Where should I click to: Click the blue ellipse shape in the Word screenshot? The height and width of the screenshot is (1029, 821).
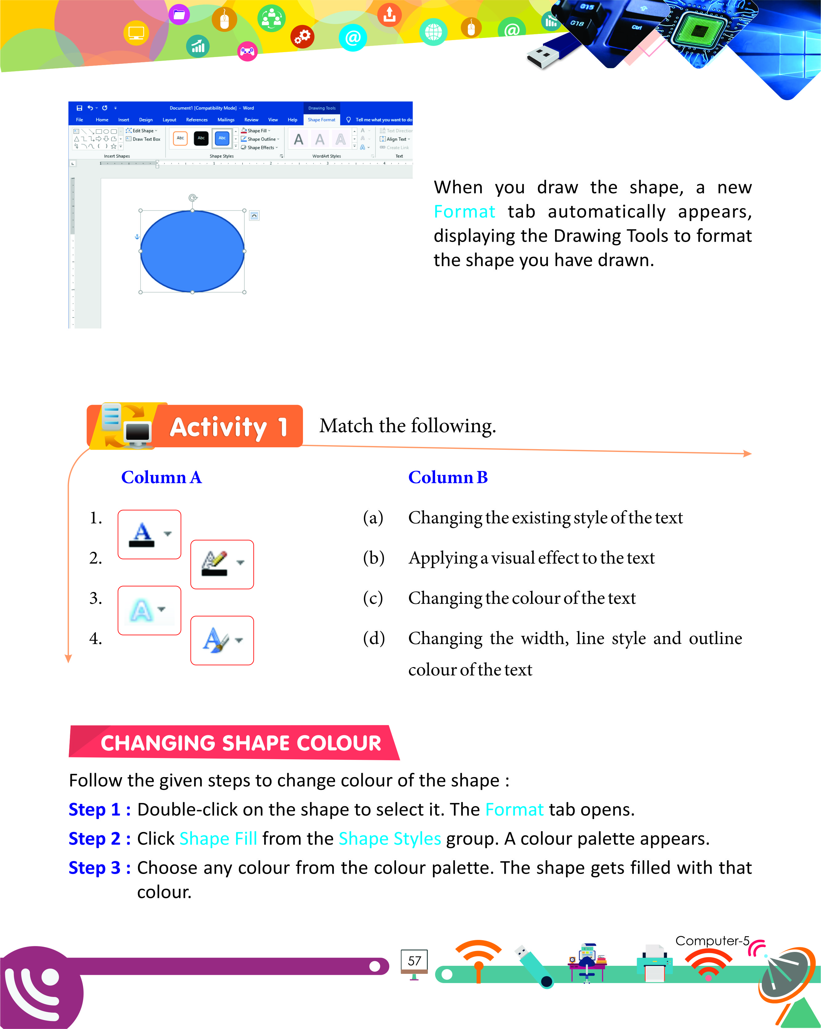(192, 251)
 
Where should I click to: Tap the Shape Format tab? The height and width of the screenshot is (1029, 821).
(321, 120)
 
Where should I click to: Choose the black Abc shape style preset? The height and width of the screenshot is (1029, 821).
(201, 138)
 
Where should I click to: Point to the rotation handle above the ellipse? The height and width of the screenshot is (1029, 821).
(193, 198)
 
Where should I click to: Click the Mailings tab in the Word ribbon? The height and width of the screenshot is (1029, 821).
(226, 120)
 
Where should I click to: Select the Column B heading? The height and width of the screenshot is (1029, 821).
(447, 477)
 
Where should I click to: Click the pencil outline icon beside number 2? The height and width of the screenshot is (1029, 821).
(222, 564)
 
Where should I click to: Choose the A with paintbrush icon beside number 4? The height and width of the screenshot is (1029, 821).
(222, 640)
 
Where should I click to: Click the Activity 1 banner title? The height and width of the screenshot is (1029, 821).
(228, 427)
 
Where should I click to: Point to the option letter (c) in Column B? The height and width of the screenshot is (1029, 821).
(373, 598)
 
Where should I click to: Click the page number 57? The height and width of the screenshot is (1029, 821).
(414, 961)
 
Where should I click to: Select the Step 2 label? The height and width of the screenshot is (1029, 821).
(99, 838)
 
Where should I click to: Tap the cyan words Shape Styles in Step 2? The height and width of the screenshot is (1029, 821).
(389, 838)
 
